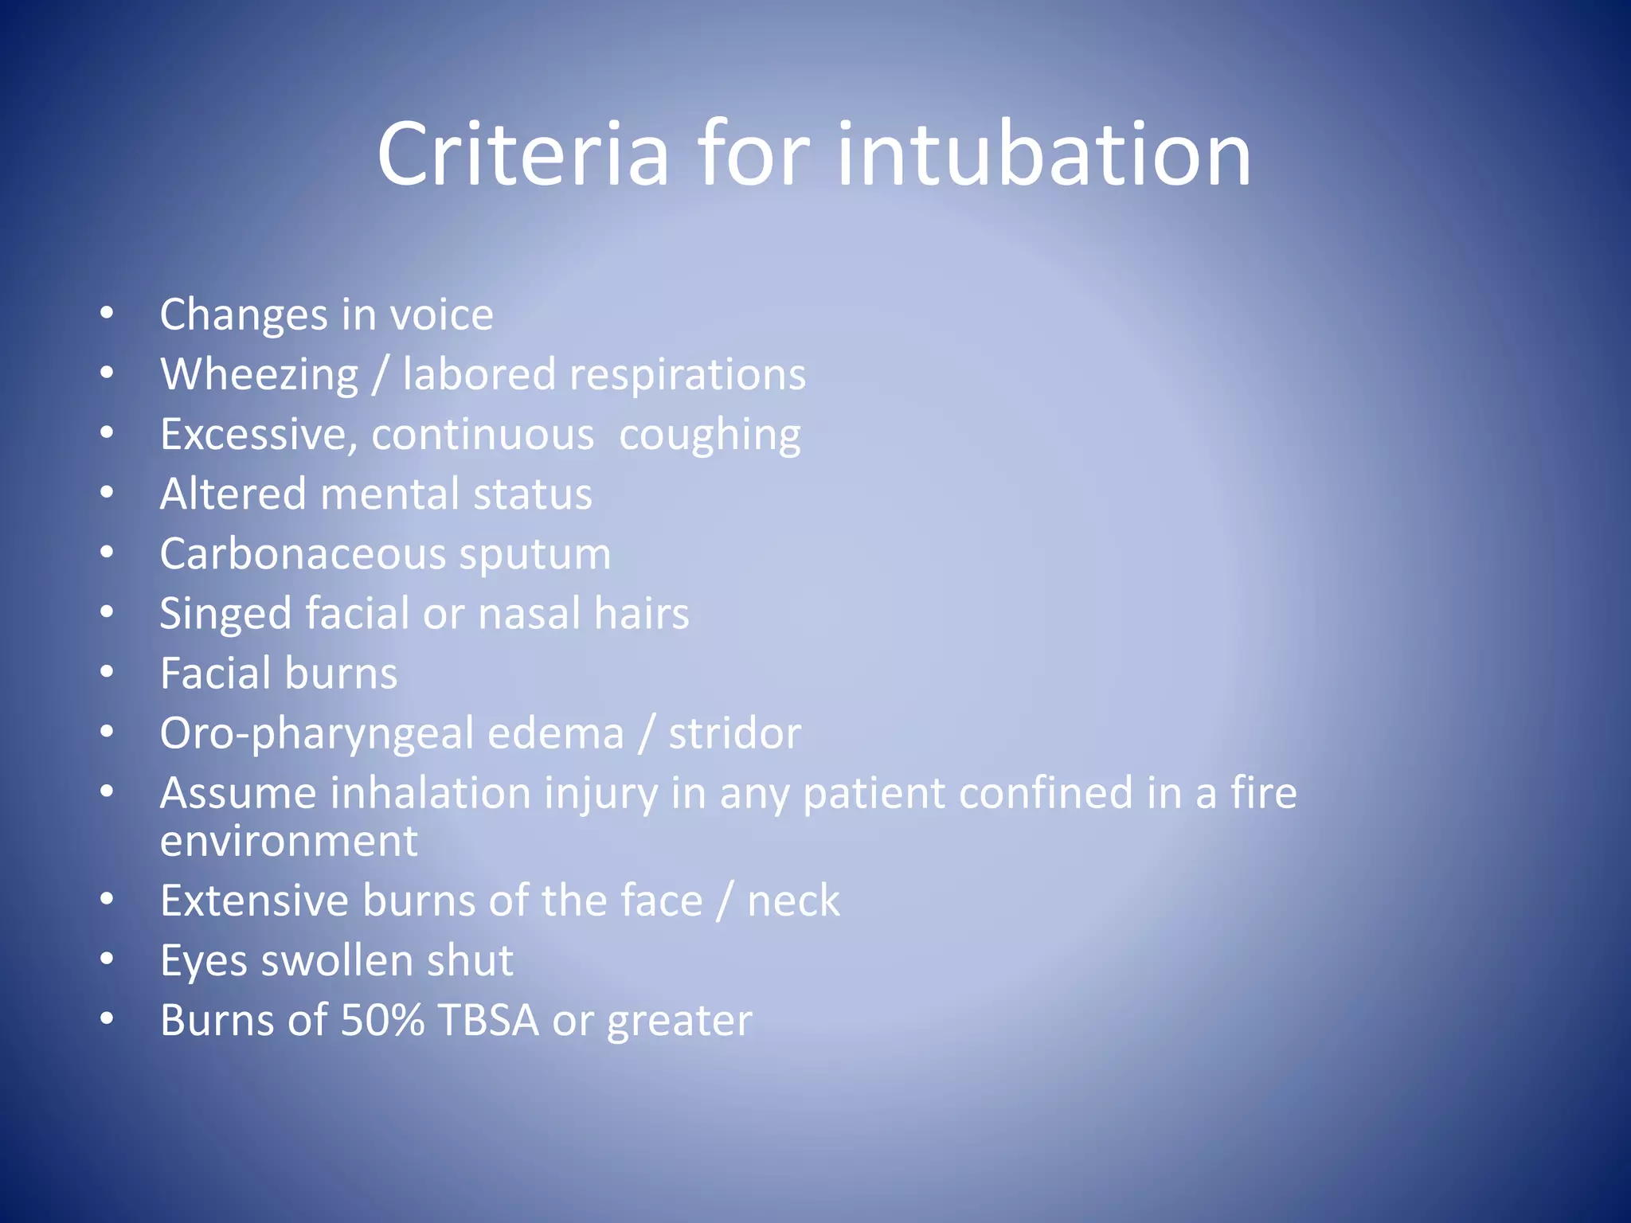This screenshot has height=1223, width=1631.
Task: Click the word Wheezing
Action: [260, 375]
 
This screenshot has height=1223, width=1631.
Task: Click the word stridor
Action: [734, 733]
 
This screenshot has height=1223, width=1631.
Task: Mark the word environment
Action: [288, 842]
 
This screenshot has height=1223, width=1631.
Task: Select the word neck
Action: [793, 901]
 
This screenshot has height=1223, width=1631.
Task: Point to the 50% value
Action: [382, 1020]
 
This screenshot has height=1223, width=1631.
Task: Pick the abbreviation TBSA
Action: [488, 1020]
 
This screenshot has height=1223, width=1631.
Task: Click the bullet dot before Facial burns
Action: [108, 673]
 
